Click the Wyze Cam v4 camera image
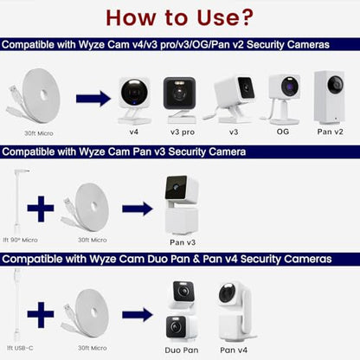[x=134, y=100]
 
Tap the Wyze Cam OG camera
[x=281, y=99]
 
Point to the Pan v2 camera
[x=329, y=97]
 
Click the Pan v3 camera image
[x=181, y=204]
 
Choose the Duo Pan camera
[x=182, y=312]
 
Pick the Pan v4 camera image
[x=236, y=312]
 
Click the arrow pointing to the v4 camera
[x=93, y=99]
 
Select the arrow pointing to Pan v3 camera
[x=138, y=209]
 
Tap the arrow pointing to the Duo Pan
[x=138, y=314]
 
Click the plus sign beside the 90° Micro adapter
[x=41, y=209]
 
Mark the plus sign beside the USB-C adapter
[x=41, y=315]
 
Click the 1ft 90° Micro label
[x=20, y=240]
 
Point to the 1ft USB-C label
[x=20, y=348]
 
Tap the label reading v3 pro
[x=183, y=132]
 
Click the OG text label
[x=283, y=132]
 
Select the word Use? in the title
[x=225, y=17]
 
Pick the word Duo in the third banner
[x=157, y=259]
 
